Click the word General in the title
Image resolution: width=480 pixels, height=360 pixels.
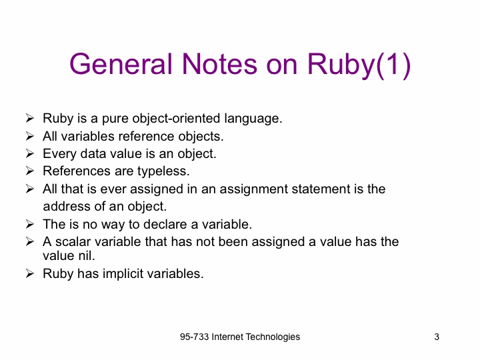(x=121, y=64)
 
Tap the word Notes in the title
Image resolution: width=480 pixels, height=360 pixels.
(x=219, y=64)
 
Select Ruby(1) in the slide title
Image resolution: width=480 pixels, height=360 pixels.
(x=359, y=65)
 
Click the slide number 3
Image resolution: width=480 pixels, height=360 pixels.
(x=437, y=337)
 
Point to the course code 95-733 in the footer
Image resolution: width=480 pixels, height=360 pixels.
(x=195, y=337)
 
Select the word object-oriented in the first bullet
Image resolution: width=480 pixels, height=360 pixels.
(x=176, y=119)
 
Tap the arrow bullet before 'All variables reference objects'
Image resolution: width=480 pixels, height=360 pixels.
(x=30, y=136)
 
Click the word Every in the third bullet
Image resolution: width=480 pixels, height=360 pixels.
(x=60, y=154)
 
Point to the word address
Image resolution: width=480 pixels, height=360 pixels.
(x=67, y=206)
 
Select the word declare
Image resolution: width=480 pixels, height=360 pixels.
(x=165, y=224)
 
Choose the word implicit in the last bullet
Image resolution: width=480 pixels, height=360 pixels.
(x=123, y=274)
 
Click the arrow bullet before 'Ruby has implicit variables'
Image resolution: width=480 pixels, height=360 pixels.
(x=30, y=273)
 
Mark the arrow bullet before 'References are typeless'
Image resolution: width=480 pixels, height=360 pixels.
(x=30, y=171)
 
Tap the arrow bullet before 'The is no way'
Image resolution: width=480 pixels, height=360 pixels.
(x=30, y=224)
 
